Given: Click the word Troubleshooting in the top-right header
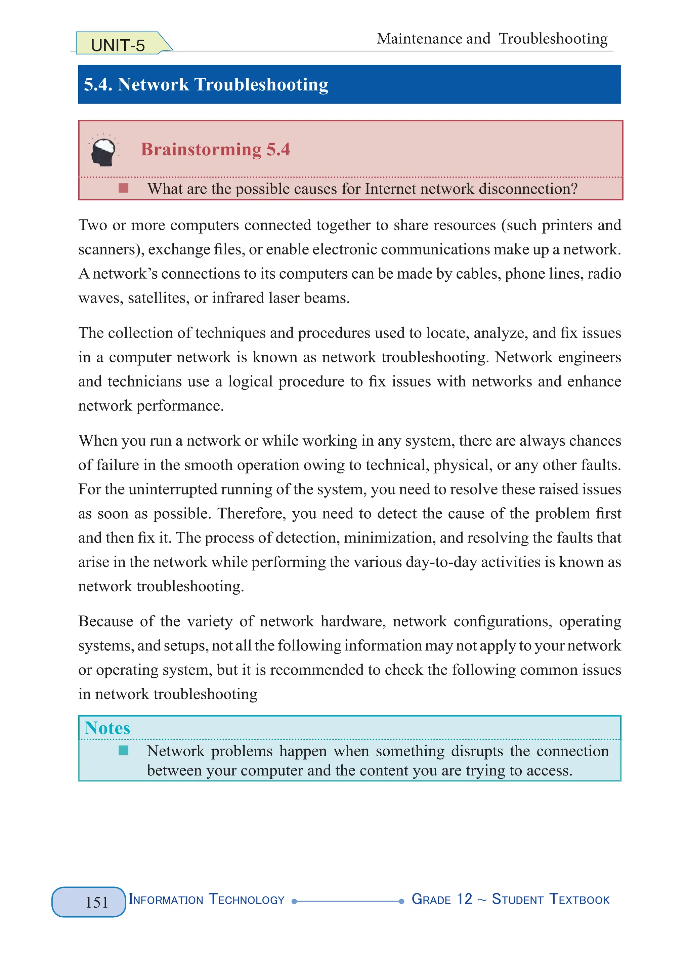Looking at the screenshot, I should [553, 39].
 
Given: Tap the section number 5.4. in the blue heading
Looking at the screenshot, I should [98, 84].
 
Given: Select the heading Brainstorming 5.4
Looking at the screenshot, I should [215, 150].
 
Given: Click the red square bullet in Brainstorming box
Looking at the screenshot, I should [123, 188].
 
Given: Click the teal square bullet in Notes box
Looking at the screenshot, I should [123, 750].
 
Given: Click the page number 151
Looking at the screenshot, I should [97, 902].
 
